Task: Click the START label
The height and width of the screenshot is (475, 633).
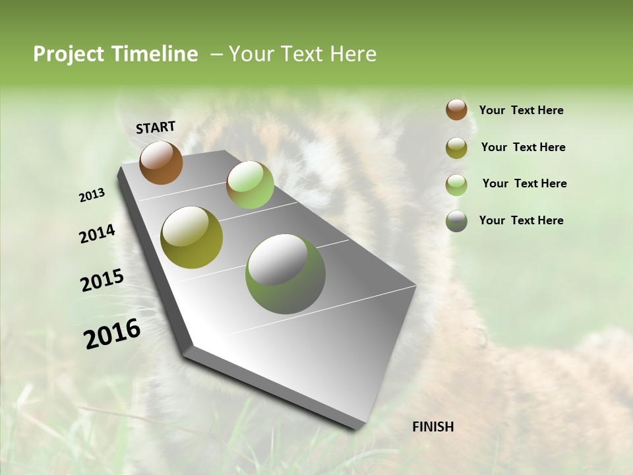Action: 156,127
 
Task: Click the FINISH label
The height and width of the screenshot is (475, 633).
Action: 433,427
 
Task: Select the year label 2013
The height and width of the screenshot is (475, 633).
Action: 92,195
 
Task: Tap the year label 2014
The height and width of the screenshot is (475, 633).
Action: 97,234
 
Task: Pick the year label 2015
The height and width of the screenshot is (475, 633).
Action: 102,280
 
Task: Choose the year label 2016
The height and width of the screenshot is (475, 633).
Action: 112,334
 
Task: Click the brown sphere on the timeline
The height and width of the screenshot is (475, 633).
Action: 161,163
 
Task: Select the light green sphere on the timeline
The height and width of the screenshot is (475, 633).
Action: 250,185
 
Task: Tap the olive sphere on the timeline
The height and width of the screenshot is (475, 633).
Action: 191,237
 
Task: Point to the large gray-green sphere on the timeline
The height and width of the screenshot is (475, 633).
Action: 286,274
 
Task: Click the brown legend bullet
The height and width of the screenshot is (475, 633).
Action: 456,110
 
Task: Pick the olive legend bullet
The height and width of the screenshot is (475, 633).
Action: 456,148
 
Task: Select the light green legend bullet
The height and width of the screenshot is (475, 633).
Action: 456,185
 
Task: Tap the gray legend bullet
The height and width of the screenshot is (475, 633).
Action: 456,221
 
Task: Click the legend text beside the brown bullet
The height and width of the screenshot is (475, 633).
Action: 521,110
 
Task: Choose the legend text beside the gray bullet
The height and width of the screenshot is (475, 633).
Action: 521,220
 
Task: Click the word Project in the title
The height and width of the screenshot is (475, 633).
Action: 69,54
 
